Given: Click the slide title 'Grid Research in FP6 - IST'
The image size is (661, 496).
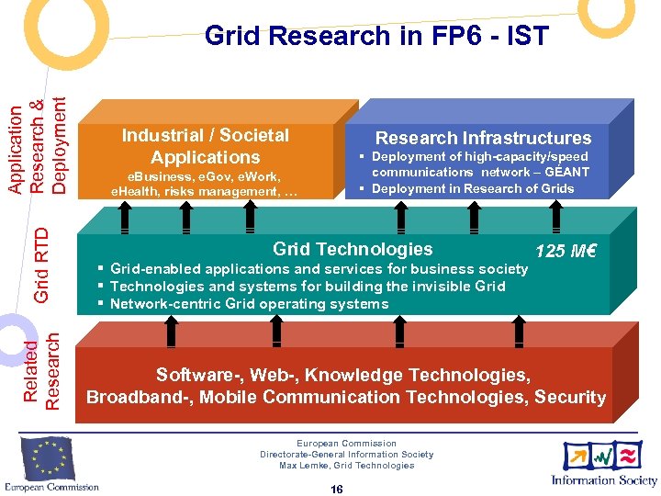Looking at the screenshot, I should (376, 36).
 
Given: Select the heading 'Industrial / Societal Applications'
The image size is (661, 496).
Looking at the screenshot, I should (206, 146).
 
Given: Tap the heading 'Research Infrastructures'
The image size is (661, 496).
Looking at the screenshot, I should (483, 138).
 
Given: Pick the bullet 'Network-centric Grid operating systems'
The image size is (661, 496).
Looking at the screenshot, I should (248, 304).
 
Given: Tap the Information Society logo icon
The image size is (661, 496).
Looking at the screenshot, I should (602, 457).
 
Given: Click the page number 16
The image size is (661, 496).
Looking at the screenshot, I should (336, 490).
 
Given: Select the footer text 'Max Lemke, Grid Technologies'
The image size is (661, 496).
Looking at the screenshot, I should (346, 466).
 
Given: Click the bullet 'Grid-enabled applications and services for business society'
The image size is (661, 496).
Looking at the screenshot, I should (318, 269).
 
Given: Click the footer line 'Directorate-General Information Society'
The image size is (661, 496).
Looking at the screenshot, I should (346, 455).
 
